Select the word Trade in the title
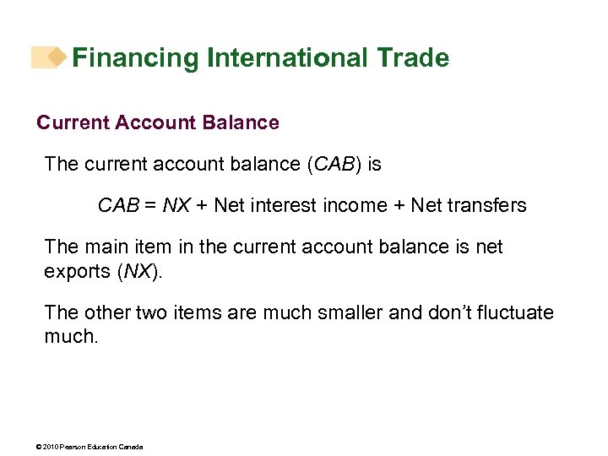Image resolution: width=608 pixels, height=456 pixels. (414, 58)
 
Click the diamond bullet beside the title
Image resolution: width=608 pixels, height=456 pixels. (57, 57)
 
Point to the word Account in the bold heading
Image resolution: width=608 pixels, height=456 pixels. (157, 122)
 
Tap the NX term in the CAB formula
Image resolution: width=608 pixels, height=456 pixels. (176, 205)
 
